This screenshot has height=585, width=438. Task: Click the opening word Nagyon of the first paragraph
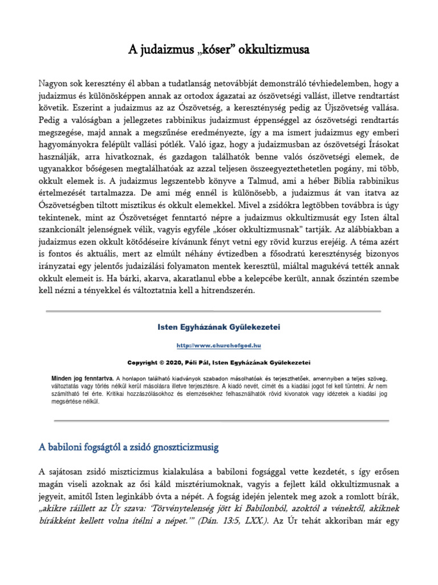click(55, 82)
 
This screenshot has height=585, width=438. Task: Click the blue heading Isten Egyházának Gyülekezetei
click(219, 327)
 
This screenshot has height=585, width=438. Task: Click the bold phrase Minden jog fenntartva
click(83, 378)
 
